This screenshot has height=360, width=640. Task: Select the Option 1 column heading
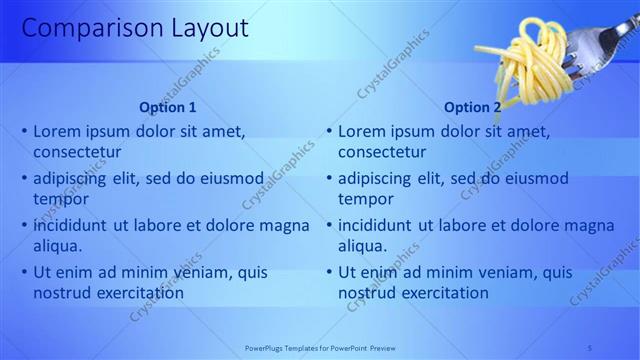tap(168, 108)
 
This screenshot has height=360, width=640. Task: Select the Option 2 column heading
tap(473, 108)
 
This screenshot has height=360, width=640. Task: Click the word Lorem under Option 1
tap(59, 131)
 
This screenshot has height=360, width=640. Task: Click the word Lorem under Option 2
tap(364, 131)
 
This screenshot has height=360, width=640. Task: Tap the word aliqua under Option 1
tap(57, 246)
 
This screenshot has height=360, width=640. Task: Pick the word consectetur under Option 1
tap(77, 152)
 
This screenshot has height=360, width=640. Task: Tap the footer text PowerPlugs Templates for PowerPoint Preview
tap(320, 348)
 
